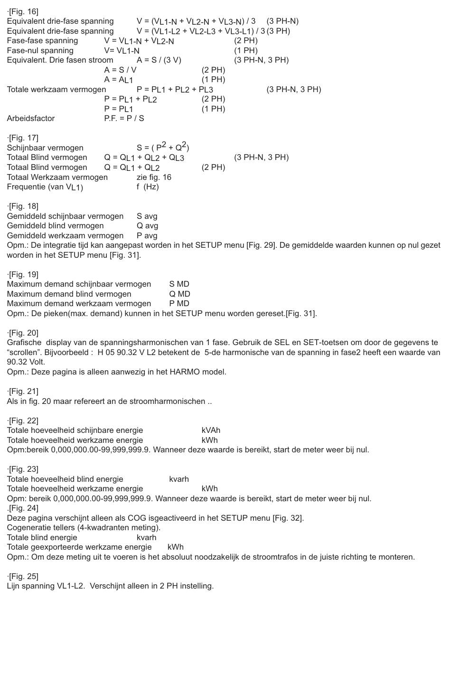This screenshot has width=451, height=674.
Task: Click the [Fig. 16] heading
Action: click(23, 11)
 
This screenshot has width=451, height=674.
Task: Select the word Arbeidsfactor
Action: click(31, 118)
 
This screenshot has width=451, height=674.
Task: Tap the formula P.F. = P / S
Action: click(124, 118)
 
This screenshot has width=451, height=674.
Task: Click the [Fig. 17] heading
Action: click(23, 138)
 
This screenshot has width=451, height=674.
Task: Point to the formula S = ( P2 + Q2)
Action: click(163, 147)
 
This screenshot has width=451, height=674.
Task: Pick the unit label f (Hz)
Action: click(148, 187)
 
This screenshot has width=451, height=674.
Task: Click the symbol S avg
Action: click(147, 216)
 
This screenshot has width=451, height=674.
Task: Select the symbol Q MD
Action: click(179, 294)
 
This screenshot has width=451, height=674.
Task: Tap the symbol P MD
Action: click(179, 303)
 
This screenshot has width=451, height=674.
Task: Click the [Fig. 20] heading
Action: click(23, 333)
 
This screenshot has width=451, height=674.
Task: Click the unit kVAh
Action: click(211, 430)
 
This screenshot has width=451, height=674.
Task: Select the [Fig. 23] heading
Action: click(23, 469)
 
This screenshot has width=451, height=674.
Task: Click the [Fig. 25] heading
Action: click(23, 576)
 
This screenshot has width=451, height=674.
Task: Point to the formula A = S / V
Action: click(120, 70)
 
